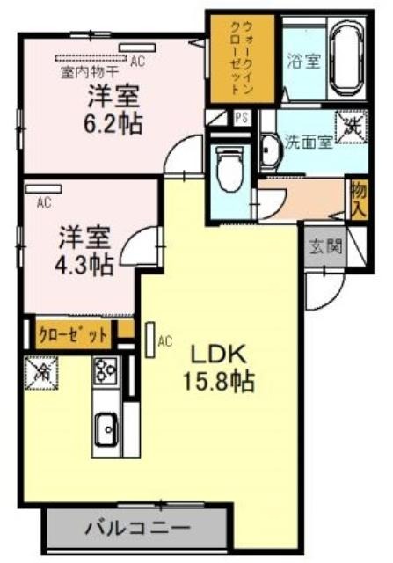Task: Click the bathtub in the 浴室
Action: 347,60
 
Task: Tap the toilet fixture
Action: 229,168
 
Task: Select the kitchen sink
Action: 106,429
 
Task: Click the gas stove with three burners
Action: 106,370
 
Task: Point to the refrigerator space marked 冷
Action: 41,373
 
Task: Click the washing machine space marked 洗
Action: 352,128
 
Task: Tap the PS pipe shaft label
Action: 242,118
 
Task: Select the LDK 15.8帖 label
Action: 219,368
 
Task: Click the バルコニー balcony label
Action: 137,528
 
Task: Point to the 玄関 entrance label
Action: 325,246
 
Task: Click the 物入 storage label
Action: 359,200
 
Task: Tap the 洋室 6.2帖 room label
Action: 113,109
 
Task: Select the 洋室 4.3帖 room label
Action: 84,250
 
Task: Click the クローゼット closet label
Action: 73,336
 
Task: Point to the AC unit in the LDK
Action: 150,340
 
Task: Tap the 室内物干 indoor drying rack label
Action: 90,73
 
